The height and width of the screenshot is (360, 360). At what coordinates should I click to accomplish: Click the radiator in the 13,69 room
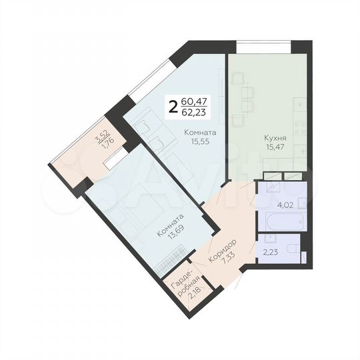(171, 259)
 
